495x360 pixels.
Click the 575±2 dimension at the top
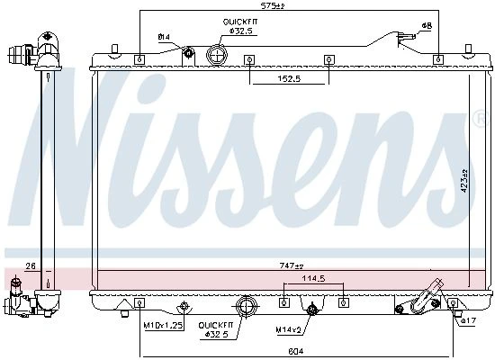[273, 5]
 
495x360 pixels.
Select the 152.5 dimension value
[289, 78]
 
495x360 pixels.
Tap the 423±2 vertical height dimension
[464, 181]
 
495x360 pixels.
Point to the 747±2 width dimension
[292, 265]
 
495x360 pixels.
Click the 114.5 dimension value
[313, 278]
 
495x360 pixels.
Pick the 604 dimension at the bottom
[296, 351]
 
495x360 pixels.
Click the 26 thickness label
[31, 266]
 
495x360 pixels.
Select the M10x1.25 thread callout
[164, 325]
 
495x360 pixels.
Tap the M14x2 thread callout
[289, 330]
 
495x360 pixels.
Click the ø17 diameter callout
[468, 320]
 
